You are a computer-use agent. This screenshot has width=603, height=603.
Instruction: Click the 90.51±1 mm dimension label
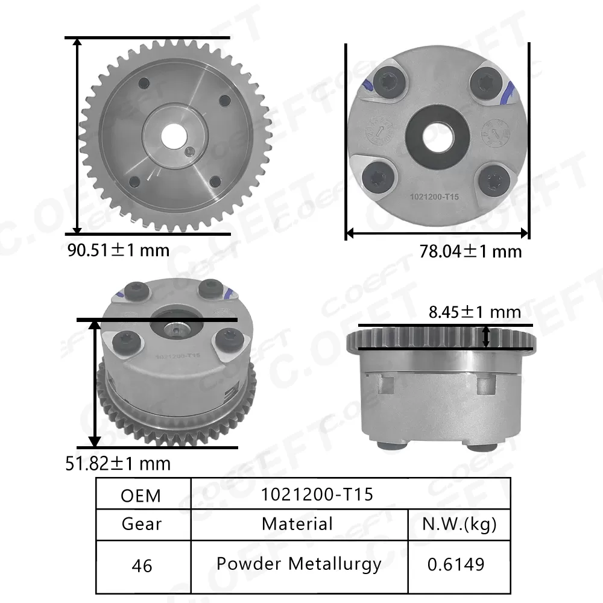(118, 250)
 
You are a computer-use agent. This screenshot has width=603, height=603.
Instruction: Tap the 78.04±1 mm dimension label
(470, 251)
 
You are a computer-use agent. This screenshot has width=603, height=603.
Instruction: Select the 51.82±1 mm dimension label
(118, 463)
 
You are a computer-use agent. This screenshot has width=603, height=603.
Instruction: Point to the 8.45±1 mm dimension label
(475, 312)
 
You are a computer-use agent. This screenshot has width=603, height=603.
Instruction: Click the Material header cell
(297, 523)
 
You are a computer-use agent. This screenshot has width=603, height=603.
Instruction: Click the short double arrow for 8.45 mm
(487, 336)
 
